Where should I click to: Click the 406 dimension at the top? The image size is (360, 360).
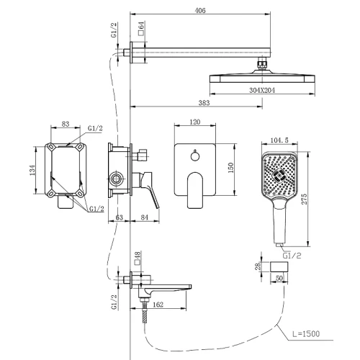[200, 11]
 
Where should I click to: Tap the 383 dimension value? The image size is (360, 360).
[204, 103]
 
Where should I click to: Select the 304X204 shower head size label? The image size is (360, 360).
[262, 91]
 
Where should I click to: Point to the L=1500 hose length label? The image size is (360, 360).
[306, 334]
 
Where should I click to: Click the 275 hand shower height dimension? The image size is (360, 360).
[304, 199]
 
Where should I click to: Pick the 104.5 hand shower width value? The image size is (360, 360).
[279, 140]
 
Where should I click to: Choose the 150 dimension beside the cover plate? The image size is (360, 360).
[230, 168]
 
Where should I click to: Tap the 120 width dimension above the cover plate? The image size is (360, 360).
[195, 122]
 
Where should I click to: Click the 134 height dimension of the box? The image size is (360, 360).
[32, 170]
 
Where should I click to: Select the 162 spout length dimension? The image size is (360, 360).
[158, 305]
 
